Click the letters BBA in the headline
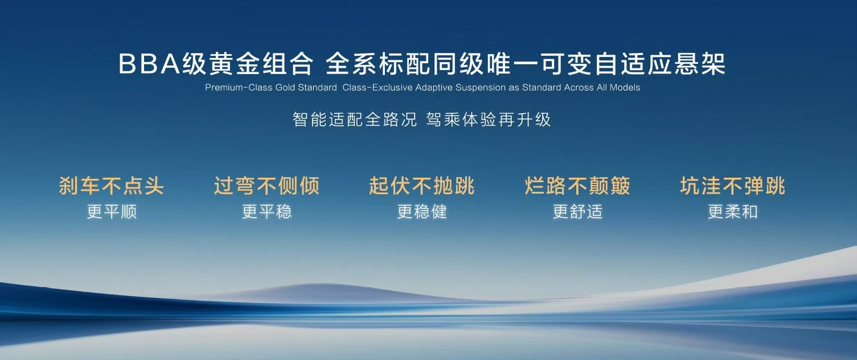149,63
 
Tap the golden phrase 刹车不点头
112,186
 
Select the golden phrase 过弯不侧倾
266,186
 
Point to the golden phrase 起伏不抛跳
421,186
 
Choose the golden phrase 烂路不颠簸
577,186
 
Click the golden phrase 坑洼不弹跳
733,186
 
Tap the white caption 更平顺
112,211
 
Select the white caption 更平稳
266,211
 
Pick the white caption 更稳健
422,211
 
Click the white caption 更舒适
578,211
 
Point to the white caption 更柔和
733,211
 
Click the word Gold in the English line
285,88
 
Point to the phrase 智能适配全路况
355,120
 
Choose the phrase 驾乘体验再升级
489,120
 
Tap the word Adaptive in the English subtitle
434,88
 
